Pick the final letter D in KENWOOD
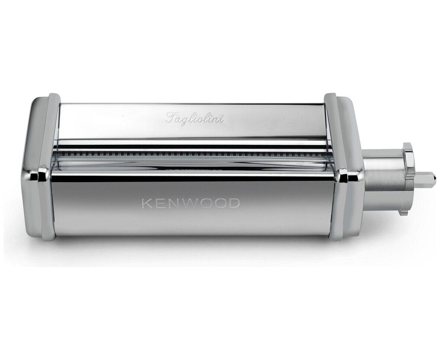click(234, 204)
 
